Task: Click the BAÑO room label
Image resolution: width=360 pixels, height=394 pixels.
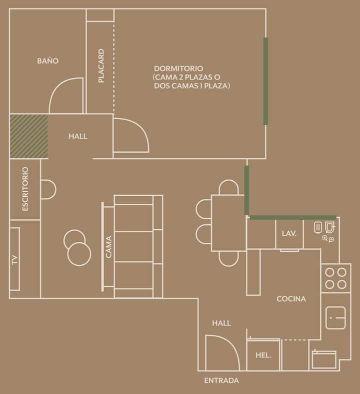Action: [x=48, y=61]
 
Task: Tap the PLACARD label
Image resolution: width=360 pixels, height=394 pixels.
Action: [x=101, y=66]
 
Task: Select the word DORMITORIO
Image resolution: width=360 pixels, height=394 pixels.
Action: [x=178, y=69]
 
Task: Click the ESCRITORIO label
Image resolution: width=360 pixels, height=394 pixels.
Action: [x=25, y=189]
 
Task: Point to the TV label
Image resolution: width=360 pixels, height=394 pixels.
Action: [x=15, y=259]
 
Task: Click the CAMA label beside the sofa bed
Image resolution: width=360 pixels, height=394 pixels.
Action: [x=108, y=247]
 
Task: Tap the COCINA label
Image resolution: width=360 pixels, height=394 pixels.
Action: [x=291, y=299]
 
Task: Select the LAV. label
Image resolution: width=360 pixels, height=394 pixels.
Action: [x=289, y=233]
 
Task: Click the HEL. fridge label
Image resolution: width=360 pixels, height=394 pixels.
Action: [x=263, y=355]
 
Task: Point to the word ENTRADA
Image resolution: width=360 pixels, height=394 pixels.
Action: [x=221, y=380]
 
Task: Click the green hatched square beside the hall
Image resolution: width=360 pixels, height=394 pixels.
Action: [x=29, y=136]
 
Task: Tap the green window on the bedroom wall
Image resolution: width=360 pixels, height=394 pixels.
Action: [x=265, y=81]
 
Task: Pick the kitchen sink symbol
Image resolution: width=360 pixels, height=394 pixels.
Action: [x=335, y=318]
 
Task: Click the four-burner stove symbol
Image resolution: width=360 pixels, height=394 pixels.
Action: [x=336, y=278]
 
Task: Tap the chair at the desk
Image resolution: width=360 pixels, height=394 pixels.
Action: [x=48, y=190]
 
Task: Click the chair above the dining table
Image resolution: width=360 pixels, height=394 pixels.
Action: [x=228, y=187]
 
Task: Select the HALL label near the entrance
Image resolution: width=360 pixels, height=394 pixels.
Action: [x=221, y=323]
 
